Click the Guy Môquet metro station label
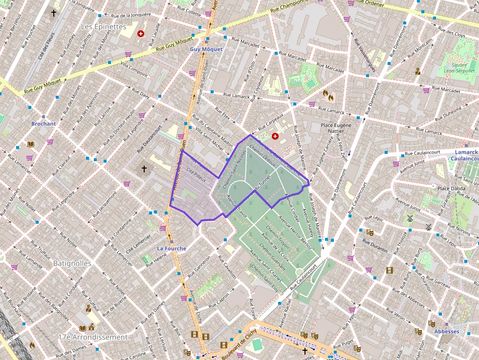(206, 49)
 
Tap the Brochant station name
(44, 124)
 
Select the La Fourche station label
(171, 249)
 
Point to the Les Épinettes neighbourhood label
(103, 26)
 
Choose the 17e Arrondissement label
(93, 337)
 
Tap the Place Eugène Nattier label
(336, 128)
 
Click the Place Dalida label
(451, 189)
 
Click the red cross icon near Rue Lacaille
(141, 34)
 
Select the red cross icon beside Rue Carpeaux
(275, 136)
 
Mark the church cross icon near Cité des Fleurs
(54, 13)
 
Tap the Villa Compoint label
(134, 69)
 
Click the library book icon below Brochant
(31, 144)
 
